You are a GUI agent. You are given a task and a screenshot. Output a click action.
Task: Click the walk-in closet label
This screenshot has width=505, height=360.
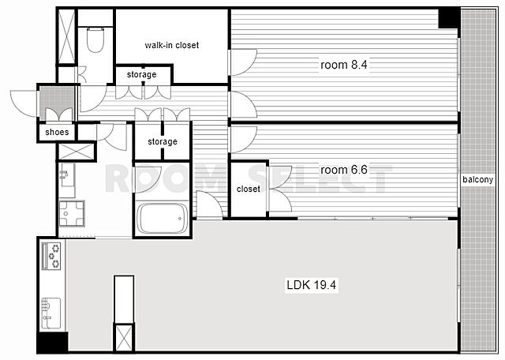coord(172,45)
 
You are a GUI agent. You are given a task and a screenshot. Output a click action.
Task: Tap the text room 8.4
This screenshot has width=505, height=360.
coord(344,65)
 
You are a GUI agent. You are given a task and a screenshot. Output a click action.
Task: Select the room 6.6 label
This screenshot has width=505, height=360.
coord(344,170)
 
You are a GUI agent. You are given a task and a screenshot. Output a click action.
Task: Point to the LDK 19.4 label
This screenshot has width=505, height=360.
coord(312,285)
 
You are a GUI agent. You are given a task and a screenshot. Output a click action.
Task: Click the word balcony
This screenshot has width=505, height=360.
coord(478,179)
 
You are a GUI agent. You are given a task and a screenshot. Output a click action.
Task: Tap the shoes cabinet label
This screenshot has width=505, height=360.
coord(57,132)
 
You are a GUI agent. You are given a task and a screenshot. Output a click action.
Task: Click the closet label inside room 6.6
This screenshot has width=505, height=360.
coord(249,189)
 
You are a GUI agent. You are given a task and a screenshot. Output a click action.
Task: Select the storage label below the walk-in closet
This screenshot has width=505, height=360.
coord(141,74)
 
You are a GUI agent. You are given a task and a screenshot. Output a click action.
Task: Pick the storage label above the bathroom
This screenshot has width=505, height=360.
coord(163,141)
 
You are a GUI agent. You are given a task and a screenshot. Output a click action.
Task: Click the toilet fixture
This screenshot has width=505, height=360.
coord(95,39)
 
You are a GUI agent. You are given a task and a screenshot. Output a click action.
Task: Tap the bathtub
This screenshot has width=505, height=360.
coord(162,218)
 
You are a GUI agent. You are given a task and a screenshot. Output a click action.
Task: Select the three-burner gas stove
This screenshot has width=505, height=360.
coord(51,256)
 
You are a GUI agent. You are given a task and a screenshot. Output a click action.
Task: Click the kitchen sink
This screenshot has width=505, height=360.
coord(51,313)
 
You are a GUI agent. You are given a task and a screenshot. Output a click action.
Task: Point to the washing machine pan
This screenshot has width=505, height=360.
coord(72,213)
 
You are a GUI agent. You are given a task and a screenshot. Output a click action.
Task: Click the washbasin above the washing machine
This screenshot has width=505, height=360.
coord(67,175)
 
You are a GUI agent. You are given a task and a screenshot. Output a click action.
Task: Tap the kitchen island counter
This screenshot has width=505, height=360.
coord(124,299)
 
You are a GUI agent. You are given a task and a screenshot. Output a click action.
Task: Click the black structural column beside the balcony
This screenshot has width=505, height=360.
coord(449,18)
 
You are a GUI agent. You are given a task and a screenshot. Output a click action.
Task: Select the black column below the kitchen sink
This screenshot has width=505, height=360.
coord(52,342)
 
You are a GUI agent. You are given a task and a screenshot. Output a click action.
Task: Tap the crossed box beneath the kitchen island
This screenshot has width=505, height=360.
coord(124,338)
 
